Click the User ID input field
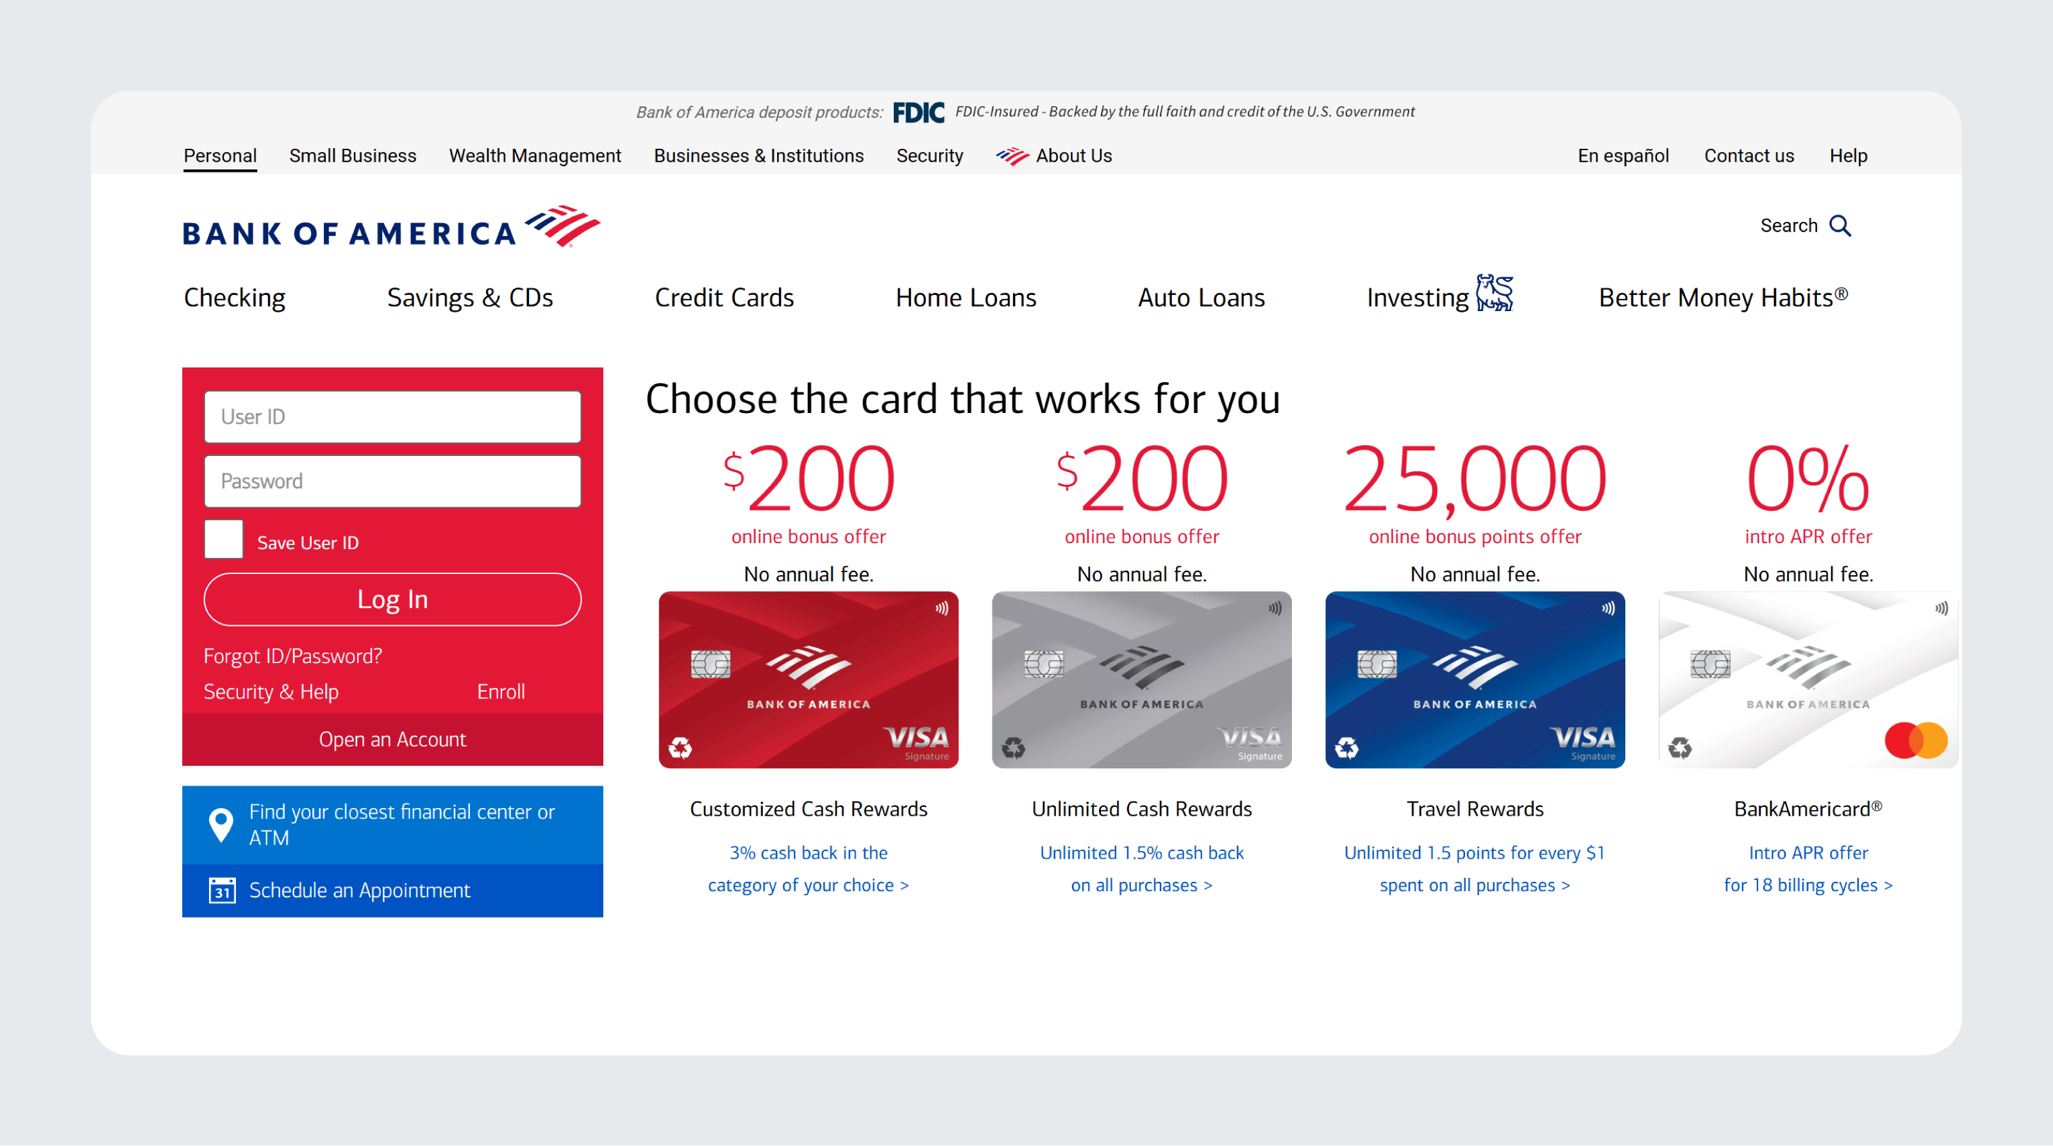[392, 417]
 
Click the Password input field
[392, 482]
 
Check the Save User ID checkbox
[224, 539]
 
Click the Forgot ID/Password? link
[292, 656]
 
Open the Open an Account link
[392, 739]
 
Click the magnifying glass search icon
[1840, 226]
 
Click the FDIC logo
[918, 112]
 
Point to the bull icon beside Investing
[1495, 292]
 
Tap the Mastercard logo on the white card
[1916, 740]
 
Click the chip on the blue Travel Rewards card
[1377, 664]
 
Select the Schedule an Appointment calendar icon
[222, 890]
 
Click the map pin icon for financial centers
[221, 825]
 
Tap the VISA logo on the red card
[916, 737]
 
